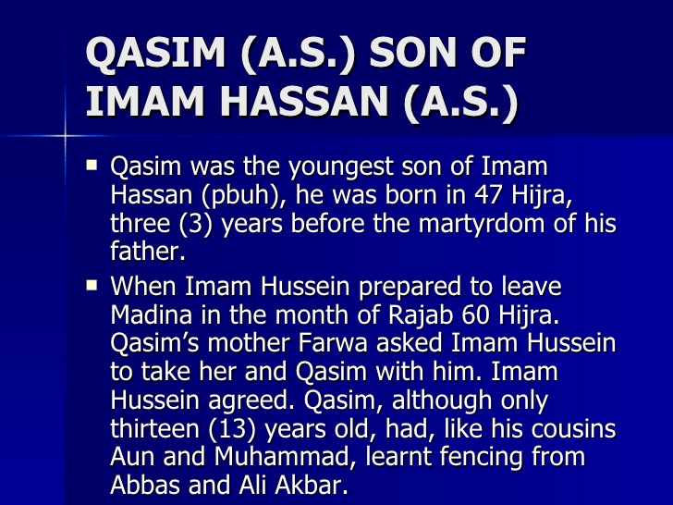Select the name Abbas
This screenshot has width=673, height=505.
tap(143, 486)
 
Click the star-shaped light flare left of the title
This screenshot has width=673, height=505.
tap(67, 136)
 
